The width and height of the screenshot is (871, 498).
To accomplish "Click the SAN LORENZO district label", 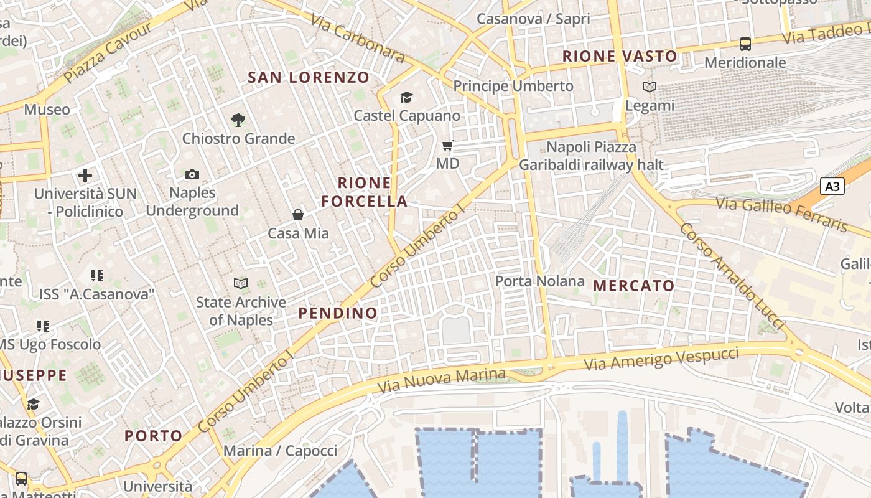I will coord(309,78).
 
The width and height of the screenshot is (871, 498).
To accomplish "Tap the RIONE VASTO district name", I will coord(620,57).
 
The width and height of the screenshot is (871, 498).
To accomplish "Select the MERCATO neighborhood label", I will coord(633,286).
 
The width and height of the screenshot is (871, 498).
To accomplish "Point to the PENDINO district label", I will coord(338,313).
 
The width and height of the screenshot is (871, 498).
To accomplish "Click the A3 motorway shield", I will coord(832,186).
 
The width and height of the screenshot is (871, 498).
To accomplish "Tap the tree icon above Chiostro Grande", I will coord(238,120).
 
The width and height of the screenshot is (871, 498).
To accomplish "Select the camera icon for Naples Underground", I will coord(192,175).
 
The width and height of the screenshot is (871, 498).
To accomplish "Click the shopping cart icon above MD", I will coord(447,146).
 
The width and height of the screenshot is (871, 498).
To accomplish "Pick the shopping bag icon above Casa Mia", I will coord(298,215).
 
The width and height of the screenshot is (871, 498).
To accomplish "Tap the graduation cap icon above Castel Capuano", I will coord(406,97).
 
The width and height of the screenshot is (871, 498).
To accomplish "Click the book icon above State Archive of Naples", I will coord(241,284).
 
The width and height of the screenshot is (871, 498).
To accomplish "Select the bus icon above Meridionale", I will coord(745,44).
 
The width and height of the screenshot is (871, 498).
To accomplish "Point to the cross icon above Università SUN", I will coord(85,176).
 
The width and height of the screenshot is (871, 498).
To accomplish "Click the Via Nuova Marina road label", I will coord(454,377).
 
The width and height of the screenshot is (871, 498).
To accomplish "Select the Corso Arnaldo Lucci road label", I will coord(730,275).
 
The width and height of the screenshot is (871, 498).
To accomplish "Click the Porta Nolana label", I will coord(539,281).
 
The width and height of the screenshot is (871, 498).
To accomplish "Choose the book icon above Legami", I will coord(650,87).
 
